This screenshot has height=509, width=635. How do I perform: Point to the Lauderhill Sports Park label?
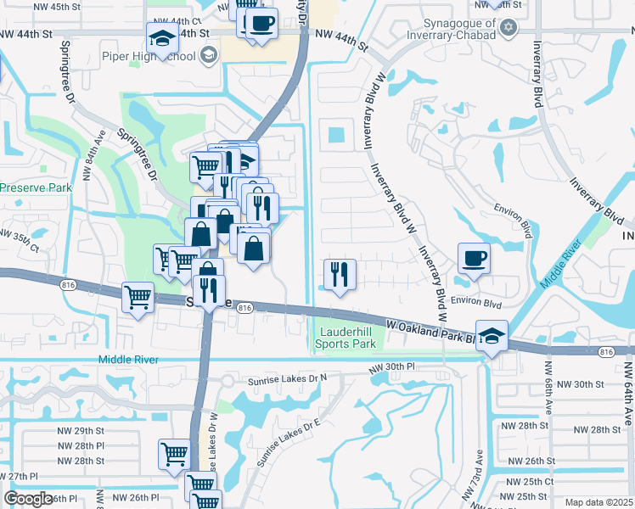[346, 338]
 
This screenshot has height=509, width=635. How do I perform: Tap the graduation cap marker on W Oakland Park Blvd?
[492, 335]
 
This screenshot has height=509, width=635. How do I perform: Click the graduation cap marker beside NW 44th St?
[161, 37]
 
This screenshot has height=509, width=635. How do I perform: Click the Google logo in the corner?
[29, 499]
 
